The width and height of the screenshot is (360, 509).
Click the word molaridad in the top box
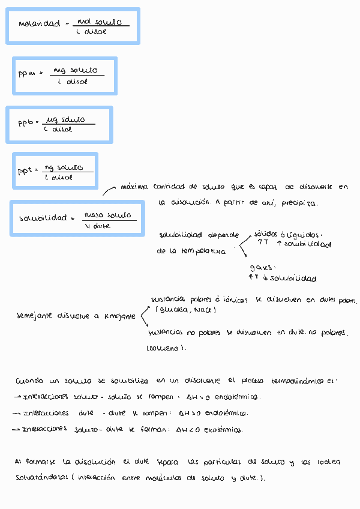pos(40,25)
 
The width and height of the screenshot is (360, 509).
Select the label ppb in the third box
pos(25,123)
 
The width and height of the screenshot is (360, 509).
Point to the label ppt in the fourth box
pos(25,171)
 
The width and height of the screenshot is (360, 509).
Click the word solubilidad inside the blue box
pos(43,218)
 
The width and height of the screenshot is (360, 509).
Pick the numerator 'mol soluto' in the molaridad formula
pos(103,21)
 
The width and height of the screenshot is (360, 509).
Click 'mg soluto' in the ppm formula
pos(75,70)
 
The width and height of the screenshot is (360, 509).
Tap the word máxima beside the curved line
pos(133,187)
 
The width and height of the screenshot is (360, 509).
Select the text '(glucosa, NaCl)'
pos(185,310)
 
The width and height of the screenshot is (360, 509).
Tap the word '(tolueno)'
pos(166,348)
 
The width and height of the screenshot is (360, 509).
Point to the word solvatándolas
pos(41,478)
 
